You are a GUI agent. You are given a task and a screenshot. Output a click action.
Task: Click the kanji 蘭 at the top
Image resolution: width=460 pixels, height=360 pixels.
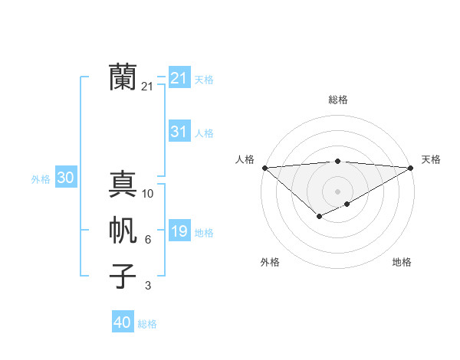tap(123, 77)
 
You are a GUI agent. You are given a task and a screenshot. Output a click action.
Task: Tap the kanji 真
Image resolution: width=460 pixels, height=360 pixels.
tap(123, 185)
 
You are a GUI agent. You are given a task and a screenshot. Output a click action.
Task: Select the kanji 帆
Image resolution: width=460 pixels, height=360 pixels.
tap(123, 231)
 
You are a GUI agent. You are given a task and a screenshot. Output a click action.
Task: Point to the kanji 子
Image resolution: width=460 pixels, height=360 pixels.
tap(123, 276)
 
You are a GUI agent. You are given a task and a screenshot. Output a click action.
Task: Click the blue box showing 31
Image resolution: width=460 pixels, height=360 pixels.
tap(179, 132)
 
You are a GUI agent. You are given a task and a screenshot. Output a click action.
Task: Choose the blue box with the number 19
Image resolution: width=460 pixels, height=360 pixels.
tap(179, 231)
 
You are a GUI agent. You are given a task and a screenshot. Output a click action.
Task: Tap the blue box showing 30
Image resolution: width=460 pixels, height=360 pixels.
tap(65, 178)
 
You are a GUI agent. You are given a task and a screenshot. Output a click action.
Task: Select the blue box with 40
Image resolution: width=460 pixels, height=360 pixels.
tap(122, 322)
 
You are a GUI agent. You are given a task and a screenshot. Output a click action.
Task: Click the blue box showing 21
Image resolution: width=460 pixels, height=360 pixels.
tap(179, 77)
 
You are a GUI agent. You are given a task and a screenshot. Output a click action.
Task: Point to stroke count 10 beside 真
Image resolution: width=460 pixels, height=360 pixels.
tap(148, 194)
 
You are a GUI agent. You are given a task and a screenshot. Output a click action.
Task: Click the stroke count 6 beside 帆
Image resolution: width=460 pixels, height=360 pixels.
tap(147, 240)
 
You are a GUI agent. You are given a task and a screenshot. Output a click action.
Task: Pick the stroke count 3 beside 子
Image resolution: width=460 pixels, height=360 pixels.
tap(147, 286)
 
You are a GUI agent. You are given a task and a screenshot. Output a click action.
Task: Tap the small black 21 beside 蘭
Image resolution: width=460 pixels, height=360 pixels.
tap(147, 87)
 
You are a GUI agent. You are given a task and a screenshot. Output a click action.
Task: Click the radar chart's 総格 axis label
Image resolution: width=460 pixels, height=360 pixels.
tap(337, 100)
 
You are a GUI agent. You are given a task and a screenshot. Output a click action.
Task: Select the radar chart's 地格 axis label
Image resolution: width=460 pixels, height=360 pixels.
tap(402, 262)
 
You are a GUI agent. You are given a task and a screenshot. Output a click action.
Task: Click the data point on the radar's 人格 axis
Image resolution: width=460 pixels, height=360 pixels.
tap(264, 168)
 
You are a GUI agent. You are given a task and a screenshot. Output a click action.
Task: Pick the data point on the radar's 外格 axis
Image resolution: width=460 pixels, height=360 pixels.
tap(319, 218)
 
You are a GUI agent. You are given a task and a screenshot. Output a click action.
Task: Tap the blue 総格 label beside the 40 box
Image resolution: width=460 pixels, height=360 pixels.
tap(147, 324)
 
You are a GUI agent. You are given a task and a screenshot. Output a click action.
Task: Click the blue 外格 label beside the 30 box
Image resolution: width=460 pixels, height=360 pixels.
tap(41, 179)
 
